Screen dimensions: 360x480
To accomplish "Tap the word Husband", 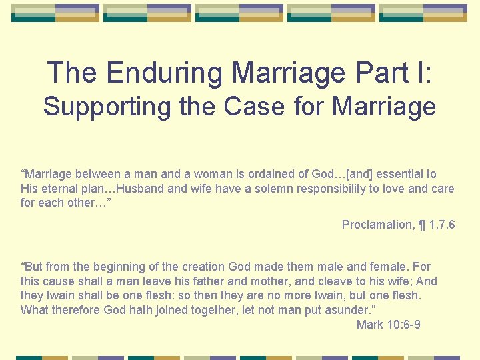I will click(141, 189).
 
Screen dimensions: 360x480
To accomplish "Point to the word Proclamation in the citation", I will click(377, 225).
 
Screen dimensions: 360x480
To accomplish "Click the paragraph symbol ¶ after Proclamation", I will click(421, 225).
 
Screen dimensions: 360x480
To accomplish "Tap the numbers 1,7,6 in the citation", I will click(442, 225).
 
